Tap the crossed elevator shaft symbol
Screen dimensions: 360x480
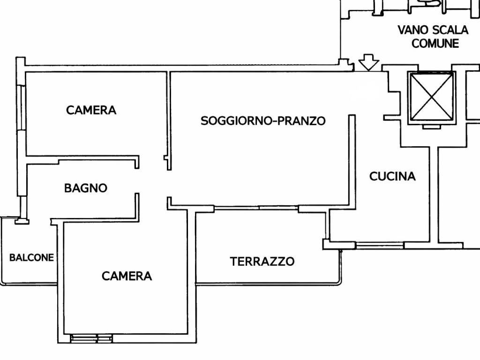(431, 97)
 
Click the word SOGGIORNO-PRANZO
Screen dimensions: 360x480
(263, 121)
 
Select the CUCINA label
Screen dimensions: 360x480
(392, 176)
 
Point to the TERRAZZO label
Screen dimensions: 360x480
(262, 261)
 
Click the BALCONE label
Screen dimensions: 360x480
(31, 257)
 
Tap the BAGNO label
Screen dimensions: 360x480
(85, 188)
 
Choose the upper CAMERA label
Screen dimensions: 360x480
(91, 110)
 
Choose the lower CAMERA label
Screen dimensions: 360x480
(127, 276)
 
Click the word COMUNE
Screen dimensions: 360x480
(435, 44)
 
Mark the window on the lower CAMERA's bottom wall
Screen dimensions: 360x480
(91, 338)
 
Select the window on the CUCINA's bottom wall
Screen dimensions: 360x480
(379, 245)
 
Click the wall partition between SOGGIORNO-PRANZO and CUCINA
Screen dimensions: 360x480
(351, 159)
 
